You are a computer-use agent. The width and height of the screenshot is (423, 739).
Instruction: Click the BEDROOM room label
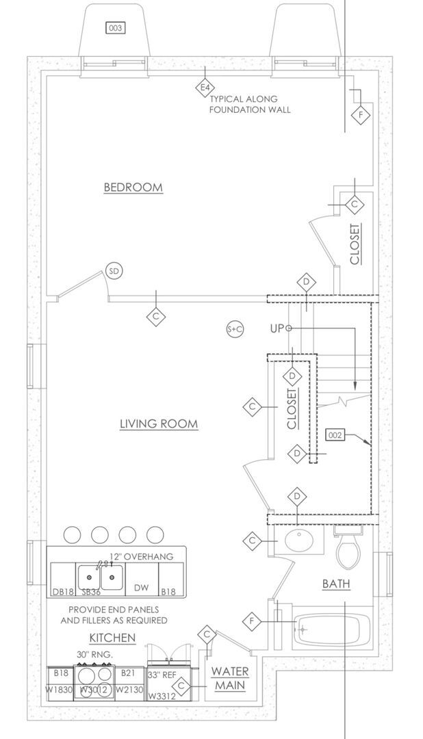[x=133, y=187]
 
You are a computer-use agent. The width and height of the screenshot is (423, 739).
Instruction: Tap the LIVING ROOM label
[x=159, y=424]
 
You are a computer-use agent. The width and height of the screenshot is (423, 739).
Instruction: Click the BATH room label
[x=336, y=584]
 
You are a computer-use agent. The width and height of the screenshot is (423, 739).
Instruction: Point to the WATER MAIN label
[x=229, y=678]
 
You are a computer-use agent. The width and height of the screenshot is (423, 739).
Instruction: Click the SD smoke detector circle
[x=114, y=272]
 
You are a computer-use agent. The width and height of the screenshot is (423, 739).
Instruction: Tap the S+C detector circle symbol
[x=235, y=329]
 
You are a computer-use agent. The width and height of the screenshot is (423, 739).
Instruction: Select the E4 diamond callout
[x=204, y=88]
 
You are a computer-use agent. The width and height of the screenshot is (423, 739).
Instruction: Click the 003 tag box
[x=115, y=27]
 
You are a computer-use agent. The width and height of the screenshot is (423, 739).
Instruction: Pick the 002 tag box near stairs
[x=335, y=435]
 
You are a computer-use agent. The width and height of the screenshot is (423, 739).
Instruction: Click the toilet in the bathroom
[x=348, y=549]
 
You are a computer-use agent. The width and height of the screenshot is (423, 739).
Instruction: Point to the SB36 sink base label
[x=91, y=591]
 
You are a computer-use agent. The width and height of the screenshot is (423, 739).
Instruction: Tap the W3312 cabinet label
[x=162, y=696]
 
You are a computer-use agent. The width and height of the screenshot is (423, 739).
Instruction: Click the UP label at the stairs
[x=277, y=329]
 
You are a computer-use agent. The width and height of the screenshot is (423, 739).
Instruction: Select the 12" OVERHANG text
[x=141, y=556]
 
